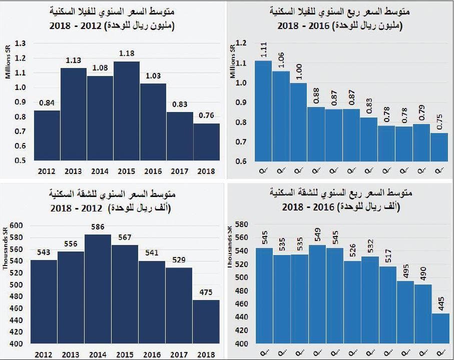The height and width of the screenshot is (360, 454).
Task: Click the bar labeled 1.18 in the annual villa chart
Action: pos(126,110)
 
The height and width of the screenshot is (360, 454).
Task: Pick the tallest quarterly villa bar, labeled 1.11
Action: pos(263,110)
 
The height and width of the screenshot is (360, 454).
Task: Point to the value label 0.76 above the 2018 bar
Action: pos(206,115)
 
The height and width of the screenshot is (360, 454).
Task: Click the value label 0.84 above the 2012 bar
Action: pos(48,103)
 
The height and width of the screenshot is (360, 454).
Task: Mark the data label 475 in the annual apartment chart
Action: pos(206,292)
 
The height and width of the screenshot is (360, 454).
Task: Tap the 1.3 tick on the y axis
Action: pos(20,43)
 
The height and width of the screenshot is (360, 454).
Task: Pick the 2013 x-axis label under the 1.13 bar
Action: pos(74,171)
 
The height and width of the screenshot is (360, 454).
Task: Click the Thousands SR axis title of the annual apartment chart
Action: pos(6,250)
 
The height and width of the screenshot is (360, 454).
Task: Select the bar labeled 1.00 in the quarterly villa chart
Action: pos(299,122)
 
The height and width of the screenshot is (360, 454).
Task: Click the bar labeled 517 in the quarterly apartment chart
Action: pos(386,305)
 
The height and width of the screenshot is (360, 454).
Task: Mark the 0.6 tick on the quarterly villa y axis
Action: pos(242,161)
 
